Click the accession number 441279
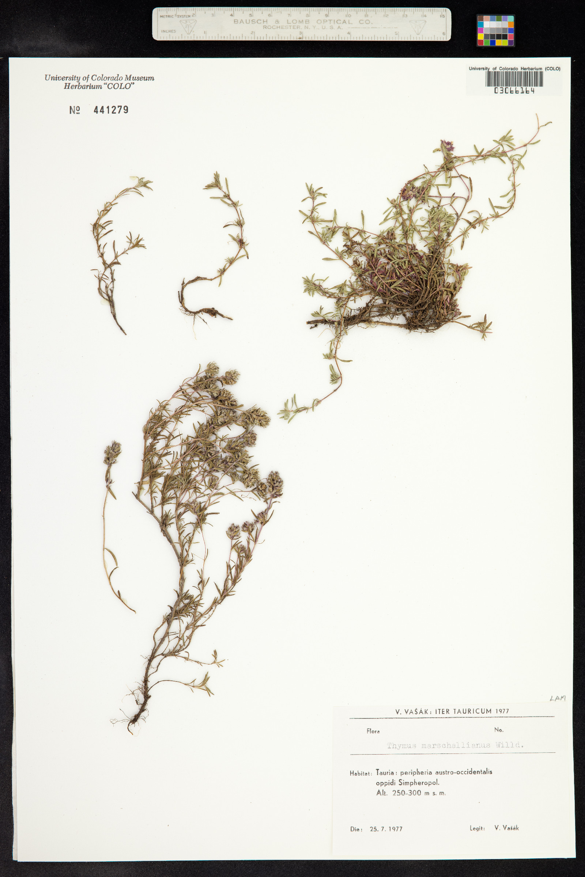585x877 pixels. click(111, 110)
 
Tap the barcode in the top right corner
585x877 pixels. click(514, 79)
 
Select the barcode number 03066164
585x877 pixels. click(514, 91)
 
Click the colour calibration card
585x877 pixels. click(495, 31)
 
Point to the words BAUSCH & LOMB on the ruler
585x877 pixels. click(271, 22)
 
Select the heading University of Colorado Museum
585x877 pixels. click(99, 78)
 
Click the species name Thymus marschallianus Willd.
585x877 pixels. click(455, 745)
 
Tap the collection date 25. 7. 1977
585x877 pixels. click(386, 829)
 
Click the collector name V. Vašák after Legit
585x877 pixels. click(506, 828)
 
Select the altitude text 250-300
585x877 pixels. click(406, 793)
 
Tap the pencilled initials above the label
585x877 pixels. click(557, 698)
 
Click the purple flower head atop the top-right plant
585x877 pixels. click(447, 145)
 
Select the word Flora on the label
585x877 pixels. click(373, 731)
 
